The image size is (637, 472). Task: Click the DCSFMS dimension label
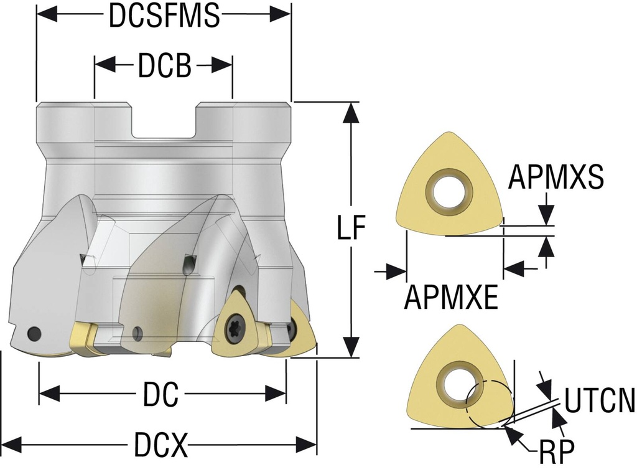[x=164, y=16]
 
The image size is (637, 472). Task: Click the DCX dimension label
[x=160, y=445]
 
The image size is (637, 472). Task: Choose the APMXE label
[x=451, y=298]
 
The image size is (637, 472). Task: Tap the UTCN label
[x=600, y=401]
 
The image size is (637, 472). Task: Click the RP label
[x=554, y=451]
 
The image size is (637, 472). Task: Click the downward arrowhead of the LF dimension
[x=352, y=349]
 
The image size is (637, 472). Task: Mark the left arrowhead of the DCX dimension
[x=12, y=445]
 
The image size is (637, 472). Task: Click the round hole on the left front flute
[x=34, y=333]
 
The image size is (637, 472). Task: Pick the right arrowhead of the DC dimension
[x=277, y=394]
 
